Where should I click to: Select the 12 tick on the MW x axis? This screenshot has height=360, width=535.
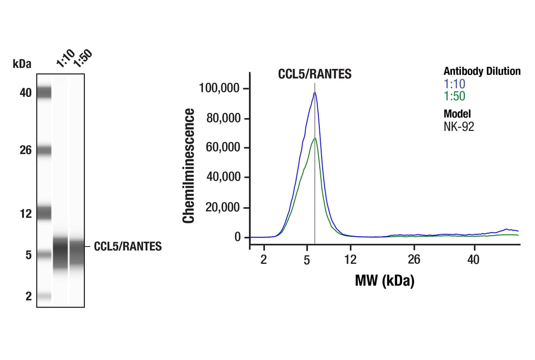[x=350, y=259]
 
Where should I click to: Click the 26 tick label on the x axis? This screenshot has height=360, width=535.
[x=414, y=259]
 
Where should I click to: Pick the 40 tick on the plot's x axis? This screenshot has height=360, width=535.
[x=474, y=259]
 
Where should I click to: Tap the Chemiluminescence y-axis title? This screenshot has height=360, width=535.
[x=188, y=165]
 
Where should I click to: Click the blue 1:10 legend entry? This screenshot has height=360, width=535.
[x=454, y=84]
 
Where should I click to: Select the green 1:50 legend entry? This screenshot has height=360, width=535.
[x=454, y=96]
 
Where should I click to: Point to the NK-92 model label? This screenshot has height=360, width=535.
[x=459, y=126]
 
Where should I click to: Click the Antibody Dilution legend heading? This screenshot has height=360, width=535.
[x=482, y=71]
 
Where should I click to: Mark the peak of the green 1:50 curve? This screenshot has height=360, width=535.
[x=315, y=138]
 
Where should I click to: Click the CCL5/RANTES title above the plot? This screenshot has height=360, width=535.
[x=315, y=74]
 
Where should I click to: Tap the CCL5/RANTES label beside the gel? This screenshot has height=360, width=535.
[x=128, y=247]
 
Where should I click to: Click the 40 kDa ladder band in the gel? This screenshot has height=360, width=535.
[x=44, y=93]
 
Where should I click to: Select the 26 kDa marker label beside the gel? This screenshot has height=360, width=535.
[x=25, y=150]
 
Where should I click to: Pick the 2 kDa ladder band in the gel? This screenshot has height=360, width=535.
[x=44, y=296]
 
